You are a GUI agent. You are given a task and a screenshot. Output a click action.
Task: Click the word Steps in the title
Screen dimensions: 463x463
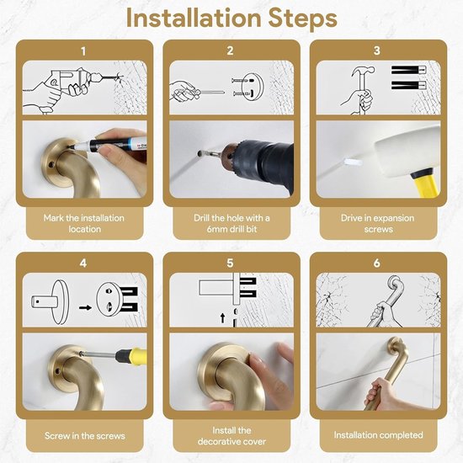pyautogui.click(x=303, y=19)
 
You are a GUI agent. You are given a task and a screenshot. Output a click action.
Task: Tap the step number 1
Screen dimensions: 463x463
pyautogui.click(x=83, y=51)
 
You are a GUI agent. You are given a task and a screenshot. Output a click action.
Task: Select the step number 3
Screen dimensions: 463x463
pyautogui.click(x=377, y=51)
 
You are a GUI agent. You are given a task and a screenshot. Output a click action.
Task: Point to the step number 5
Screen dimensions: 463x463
pyautogui.click(x=230, y=263)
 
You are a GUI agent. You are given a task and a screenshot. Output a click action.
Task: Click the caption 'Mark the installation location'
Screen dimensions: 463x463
pyautogui.click(x=84, y=224)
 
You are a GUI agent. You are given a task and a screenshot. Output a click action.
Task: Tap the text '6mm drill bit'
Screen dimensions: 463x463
pyautogui.click(x=231, y=229)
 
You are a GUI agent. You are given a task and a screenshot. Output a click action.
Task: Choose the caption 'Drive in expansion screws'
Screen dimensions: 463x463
pyautogui.click(x=378, y=224)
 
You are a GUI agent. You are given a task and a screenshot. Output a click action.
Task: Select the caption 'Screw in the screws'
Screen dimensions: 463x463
pyautogui.click(x=85, y=436)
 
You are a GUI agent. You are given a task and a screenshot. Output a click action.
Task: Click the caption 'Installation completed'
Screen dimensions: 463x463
pyautogui.click(x=378, y=435)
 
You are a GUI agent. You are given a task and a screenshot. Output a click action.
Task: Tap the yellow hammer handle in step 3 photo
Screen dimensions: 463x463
pyautogui.click(x=424, y=183)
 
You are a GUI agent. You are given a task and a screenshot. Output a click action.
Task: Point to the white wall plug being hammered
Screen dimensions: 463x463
pyautogui.click(x=353, y=162)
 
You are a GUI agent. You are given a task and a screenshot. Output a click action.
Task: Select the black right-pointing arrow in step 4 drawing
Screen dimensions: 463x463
pyautogui.click(x=85, y=307)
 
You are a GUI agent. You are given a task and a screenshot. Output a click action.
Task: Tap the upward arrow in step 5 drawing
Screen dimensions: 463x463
pyautogui.click(x=222, y=318)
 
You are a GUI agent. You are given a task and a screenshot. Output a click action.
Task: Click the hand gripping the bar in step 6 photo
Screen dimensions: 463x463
pyautogui.click(x=380, y=394)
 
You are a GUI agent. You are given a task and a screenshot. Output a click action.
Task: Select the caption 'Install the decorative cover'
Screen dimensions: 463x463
pyautogui.click(x=231, y=436)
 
